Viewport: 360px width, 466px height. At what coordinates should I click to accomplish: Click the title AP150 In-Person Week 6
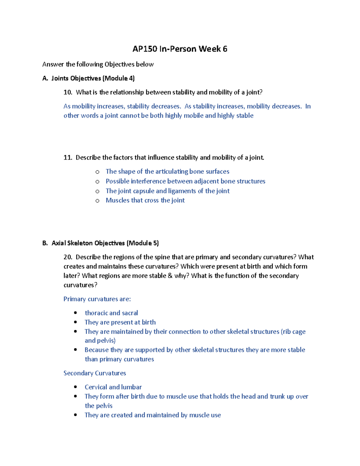pos(180,49)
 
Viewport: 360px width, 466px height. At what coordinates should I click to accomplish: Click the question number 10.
pos(67,92)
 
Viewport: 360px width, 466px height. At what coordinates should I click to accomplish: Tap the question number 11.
pos(67,158)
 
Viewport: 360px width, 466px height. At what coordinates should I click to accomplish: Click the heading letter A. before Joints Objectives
pos(45,79)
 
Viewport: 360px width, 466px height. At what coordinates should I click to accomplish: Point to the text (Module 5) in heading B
pos(143,243)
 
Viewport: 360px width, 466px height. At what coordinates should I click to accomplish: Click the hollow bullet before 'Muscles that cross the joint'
pos(97,201)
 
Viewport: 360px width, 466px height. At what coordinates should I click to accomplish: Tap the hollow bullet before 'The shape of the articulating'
pos(97,172)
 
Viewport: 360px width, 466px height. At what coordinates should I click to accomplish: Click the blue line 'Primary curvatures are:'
pos(97,299)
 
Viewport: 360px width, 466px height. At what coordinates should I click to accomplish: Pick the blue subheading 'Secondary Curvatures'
pos(94,373)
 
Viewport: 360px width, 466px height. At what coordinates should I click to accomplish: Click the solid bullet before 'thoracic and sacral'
pos(76,313)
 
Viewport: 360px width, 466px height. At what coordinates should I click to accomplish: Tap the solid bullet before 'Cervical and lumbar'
pos(76,387)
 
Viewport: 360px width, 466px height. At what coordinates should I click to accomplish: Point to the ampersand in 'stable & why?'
pos(170,276)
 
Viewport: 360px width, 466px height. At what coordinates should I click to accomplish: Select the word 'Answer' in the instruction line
pos(53,64)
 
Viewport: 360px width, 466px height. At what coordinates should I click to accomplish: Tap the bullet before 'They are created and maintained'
pos(76,415)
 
